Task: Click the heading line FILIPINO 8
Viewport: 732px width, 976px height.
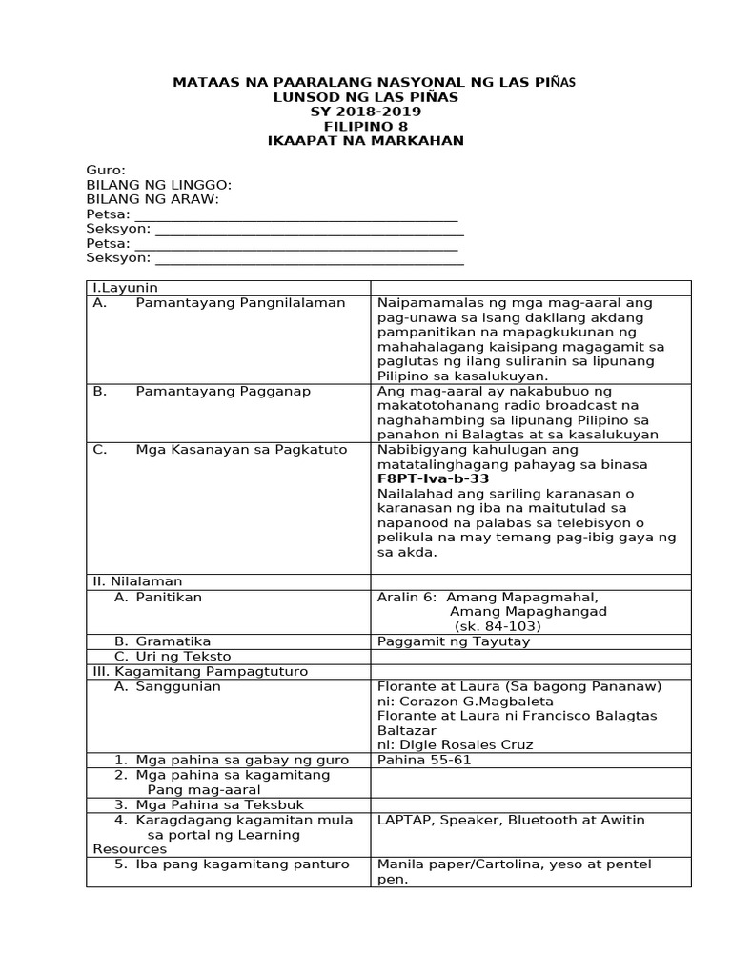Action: tap(365, 126)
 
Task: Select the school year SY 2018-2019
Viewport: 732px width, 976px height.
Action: tap(365, 112)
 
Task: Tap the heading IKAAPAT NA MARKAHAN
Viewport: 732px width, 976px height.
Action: tap(365, 140)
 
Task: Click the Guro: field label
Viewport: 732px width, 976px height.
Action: tap(106, 171)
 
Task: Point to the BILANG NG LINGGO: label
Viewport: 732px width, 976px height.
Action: tap(159, 185)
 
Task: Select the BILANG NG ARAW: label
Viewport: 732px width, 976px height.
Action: tap(152, 199)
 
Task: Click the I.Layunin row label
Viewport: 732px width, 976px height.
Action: tap(125, 287)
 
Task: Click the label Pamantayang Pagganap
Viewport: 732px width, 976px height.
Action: tap(223, 391)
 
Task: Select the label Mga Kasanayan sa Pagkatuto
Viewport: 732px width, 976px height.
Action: tap(241, 449)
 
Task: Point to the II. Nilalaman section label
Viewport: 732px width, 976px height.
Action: tap(137, 580)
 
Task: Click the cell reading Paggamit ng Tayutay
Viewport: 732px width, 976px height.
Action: tap(454, 641)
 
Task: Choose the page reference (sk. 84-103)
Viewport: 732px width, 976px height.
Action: tap(498, 626)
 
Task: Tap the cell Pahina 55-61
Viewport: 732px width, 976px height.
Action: tap(424, 760)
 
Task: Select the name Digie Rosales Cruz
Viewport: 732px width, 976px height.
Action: tap(479, 744)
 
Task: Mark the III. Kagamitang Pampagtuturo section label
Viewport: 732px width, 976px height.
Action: tap(200, 671)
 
